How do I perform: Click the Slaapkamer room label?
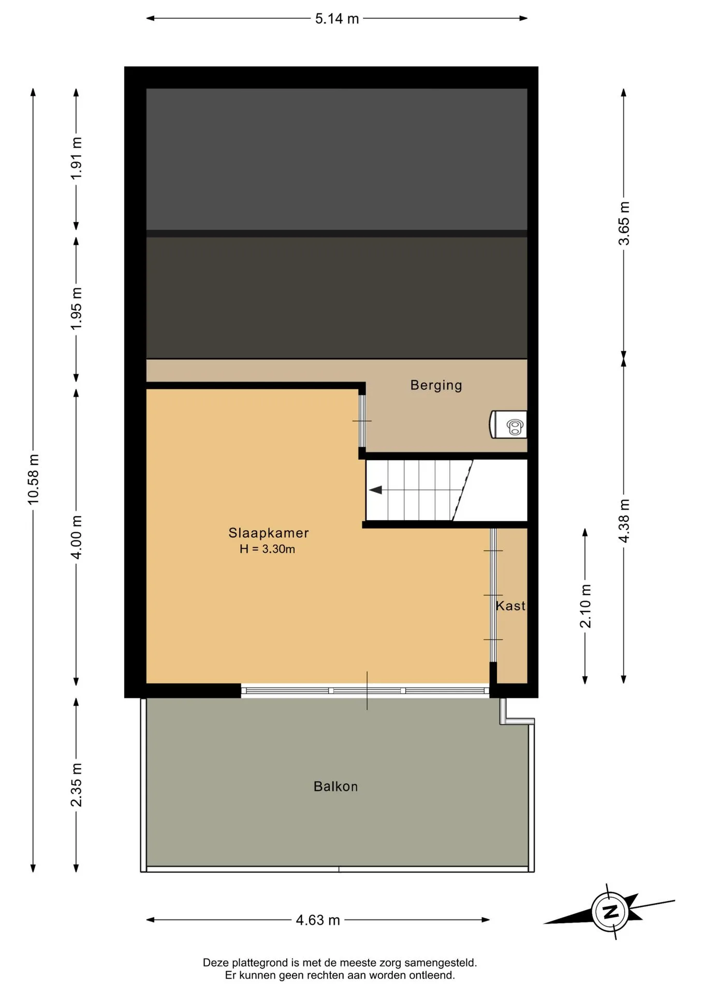269,533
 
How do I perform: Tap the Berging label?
436,385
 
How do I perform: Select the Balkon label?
335,786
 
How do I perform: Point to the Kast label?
510,606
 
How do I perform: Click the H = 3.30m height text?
267,549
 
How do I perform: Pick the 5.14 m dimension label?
337,19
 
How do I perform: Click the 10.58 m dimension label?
33,479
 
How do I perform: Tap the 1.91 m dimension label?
76,158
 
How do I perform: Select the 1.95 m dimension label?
76,309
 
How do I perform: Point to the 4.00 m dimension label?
76,537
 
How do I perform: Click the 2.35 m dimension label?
76,784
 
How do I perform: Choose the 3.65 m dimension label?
624,223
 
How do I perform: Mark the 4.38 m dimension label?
624,521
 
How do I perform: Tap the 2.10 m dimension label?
585,606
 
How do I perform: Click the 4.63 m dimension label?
318,920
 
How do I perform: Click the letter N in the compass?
611,912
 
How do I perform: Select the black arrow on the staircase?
375,490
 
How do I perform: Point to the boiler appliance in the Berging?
508,425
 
